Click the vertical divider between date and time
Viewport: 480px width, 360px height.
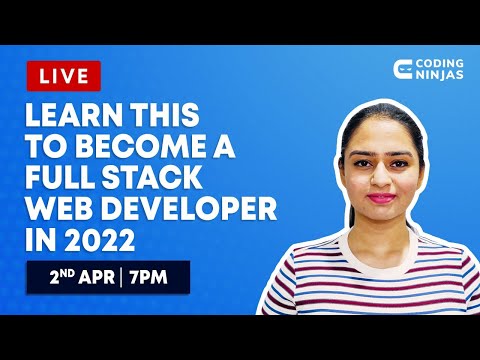[x=122, y=276]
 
